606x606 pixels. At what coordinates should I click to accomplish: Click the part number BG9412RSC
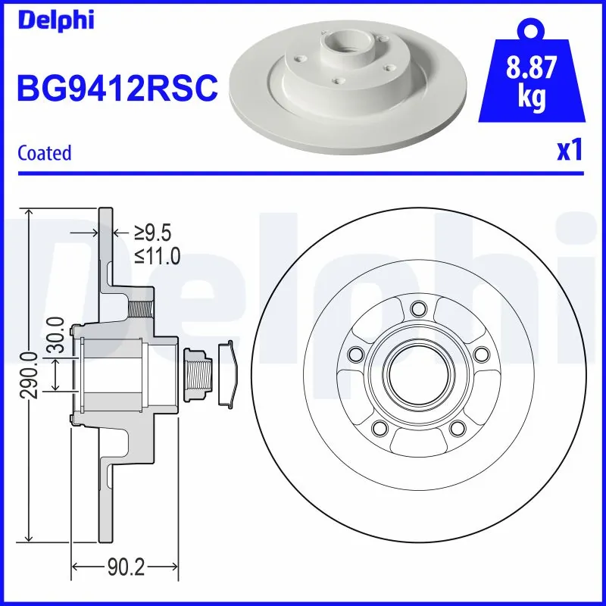(x=117, y=89)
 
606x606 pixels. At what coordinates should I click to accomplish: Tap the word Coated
(x=44, y=153)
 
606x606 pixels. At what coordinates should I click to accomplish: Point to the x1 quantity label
(x=569, y=151)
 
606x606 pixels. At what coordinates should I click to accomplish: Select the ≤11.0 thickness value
(x=158, y=256)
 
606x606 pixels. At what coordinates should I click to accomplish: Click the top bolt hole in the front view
(x=417, y=308)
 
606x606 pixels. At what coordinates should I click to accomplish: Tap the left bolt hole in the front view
(x=354, y=355)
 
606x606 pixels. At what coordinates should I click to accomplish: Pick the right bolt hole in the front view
(x=479, y=355)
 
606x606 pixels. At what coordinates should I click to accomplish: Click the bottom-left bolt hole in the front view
(x=378, y=428)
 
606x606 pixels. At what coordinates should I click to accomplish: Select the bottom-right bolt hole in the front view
(x=455, y=428)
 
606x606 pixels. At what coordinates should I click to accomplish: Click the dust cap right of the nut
(x=227, y=374)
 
